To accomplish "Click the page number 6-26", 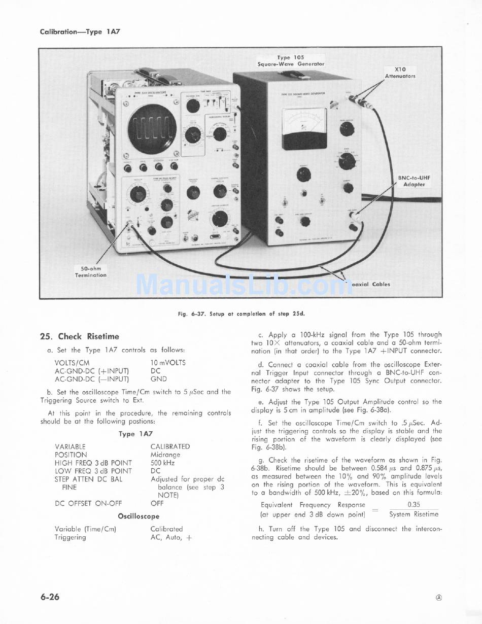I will [x=50, y=597].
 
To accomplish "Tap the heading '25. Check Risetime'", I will [x=80, y=336].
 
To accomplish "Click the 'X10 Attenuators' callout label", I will [x=400, y=73].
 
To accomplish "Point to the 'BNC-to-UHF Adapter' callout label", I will [x=414, y=181].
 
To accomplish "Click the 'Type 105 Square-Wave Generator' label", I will [x=291, y=61].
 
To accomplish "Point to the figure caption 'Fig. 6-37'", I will [x=243, y=314].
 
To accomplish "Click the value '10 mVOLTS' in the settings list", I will [x=168, y=363].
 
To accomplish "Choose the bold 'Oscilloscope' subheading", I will [x=139, y=516].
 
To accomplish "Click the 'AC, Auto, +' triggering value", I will [x=171, y=537].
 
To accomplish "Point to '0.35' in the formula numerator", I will [x=414, y=505].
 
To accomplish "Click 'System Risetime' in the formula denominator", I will [x=414, y=514].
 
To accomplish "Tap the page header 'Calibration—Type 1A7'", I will [x=80, y=31].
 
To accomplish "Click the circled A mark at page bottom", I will [x=438, y=598].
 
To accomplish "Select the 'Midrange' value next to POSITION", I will [x=166, y=455].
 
